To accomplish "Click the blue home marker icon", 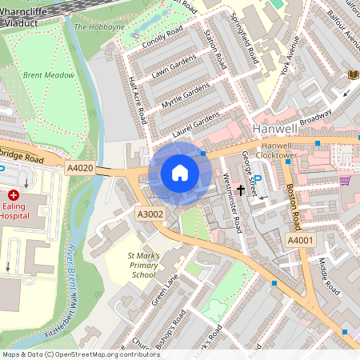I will point(180,173).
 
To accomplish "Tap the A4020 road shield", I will point(80,168).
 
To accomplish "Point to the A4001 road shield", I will point(301,240).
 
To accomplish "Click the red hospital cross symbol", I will point(14,195).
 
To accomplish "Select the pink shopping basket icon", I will point(345,180).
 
